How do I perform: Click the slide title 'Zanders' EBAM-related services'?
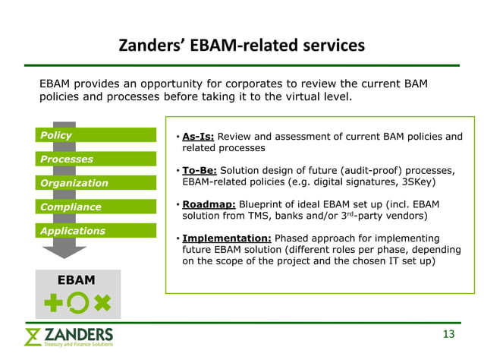tap(241, 46)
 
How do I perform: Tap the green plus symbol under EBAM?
tap(53, 304)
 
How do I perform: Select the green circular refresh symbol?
tap(77, 304)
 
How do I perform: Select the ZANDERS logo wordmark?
tap(78, 334)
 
